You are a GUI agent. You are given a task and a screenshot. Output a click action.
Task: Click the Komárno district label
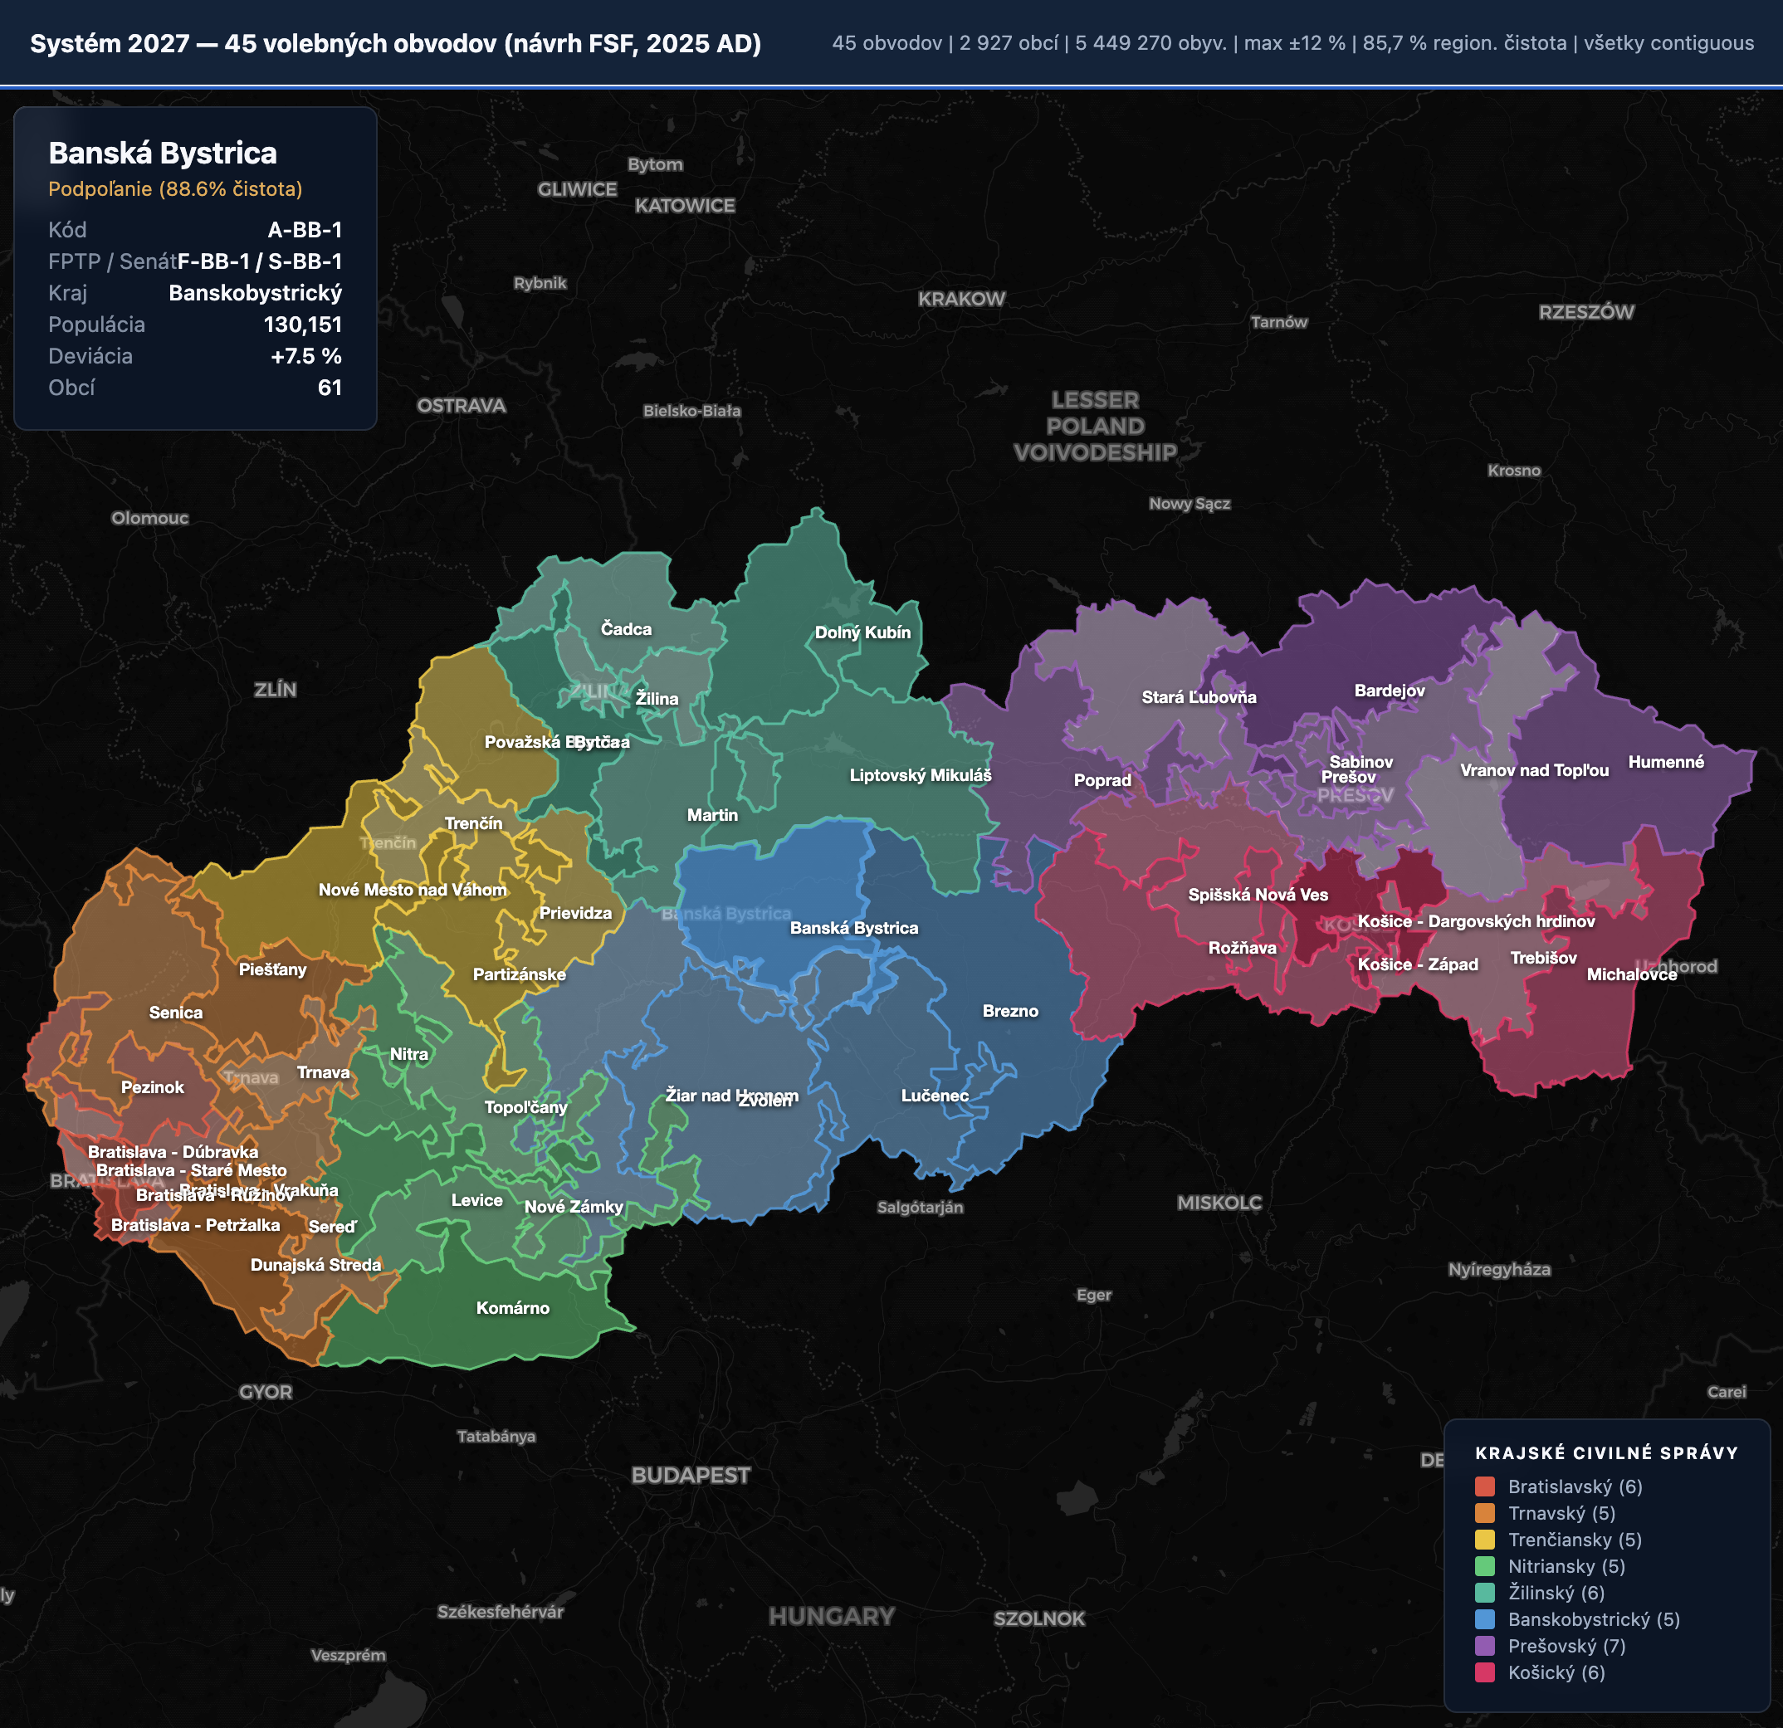pos(513,1308)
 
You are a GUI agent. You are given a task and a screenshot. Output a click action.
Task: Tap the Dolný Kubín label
pos(862,632)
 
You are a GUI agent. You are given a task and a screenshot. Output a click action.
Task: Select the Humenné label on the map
pos(1666,762)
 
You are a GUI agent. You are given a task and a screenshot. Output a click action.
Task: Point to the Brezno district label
pos(1009,1010)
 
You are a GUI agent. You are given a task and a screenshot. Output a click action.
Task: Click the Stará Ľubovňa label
pos(1199,697)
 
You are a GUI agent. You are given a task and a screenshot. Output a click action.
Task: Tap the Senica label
pos(176,1013)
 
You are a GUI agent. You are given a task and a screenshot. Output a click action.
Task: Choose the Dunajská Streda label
pos(315,1265)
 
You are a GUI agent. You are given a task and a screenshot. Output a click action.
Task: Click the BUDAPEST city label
pos(691,1475)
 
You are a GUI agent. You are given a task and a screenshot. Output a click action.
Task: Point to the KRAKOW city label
pos(961,298)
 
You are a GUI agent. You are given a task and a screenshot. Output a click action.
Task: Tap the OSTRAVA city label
pos(462,406)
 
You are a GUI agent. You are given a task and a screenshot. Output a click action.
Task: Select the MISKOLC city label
pos(1219,1203)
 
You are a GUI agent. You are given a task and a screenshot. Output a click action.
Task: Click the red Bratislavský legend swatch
pos(1485,1486)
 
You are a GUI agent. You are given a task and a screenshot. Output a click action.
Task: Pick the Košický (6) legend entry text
pos(1556,1672)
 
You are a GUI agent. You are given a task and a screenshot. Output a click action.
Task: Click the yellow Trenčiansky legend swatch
pos(1485,1540)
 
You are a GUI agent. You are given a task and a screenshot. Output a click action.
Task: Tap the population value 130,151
pos(302,325)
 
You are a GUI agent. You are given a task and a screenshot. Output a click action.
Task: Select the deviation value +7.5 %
pos(305,357)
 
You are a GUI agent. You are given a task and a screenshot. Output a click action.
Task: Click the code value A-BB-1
pos(305,230)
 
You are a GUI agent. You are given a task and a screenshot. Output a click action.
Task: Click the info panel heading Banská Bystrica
pos(163,153)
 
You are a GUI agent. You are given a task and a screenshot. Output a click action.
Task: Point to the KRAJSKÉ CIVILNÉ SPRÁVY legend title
pos(1606,1452)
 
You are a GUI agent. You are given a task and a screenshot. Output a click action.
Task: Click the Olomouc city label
pos(150,518)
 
